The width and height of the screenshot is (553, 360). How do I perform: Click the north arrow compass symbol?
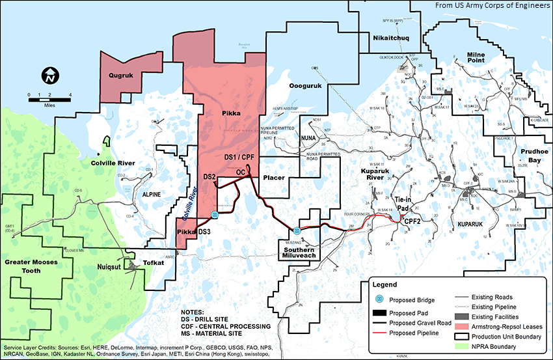pos(49,76)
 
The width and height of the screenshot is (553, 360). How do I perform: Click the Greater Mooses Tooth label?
pos(36,267)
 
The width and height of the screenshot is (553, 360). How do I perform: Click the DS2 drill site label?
pos(209,177)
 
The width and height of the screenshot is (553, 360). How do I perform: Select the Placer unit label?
pos(275,177)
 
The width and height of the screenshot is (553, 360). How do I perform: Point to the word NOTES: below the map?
pos(194,312)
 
